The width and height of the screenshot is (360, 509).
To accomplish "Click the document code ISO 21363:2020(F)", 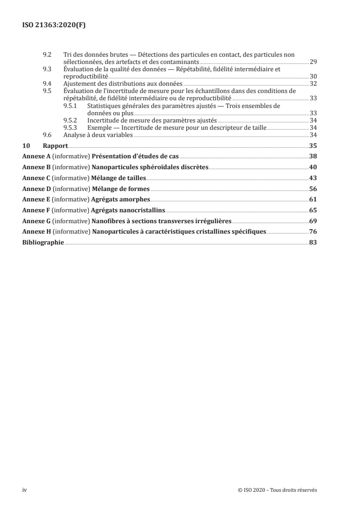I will click(54, 25).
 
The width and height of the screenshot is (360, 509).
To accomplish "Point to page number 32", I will click(313, 83).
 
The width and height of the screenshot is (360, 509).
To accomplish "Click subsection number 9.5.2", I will click(70, 120).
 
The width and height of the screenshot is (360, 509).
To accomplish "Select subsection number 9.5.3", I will click(70, 127).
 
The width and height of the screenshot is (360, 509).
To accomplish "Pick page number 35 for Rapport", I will click(313, 146).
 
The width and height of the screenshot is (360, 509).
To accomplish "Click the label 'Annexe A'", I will click(37, 157).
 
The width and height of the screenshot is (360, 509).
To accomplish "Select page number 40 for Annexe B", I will click(313, 167).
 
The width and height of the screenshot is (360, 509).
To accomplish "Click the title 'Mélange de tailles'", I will click(119, 178).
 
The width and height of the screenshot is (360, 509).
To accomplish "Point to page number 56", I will click(313, 189).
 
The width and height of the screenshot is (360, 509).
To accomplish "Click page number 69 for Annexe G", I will click(313, 221).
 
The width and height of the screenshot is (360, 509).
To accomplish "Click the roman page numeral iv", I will click(25, 490).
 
